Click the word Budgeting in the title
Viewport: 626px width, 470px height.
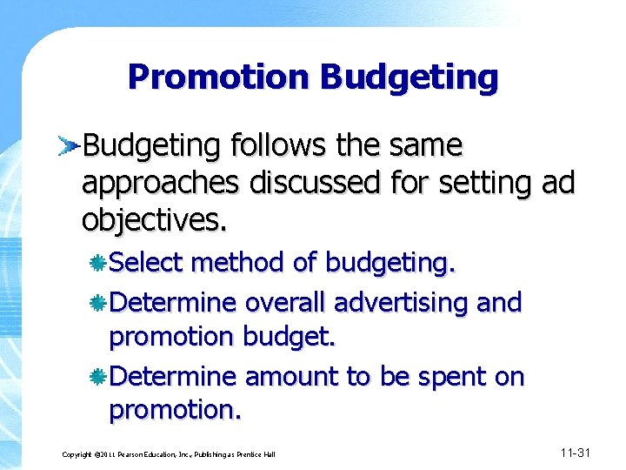pyautogui.click(x=409, y=78)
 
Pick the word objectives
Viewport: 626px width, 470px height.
pyautogui.click(x=154, y=220)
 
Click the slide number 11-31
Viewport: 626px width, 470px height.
pyautogui.click(x=576, y=453)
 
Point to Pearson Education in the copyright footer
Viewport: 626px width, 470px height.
pyautogui.click(x=130, y=455)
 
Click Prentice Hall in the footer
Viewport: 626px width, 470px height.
pyautogui.click(x=256, y=455)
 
